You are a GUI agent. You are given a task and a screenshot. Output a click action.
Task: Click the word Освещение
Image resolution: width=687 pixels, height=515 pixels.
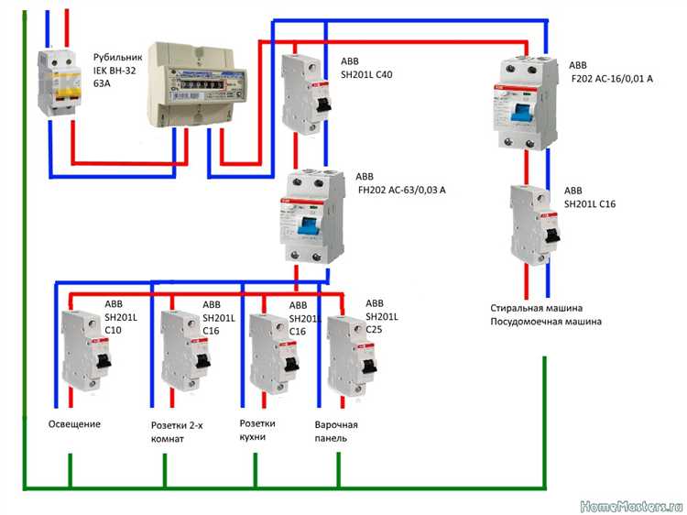[x=74, y=424]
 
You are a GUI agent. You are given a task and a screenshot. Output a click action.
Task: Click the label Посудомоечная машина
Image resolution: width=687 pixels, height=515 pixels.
[x=546, y=322]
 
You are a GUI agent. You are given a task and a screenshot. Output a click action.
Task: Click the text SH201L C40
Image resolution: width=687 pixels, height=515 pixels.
[x=367, y=76]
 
